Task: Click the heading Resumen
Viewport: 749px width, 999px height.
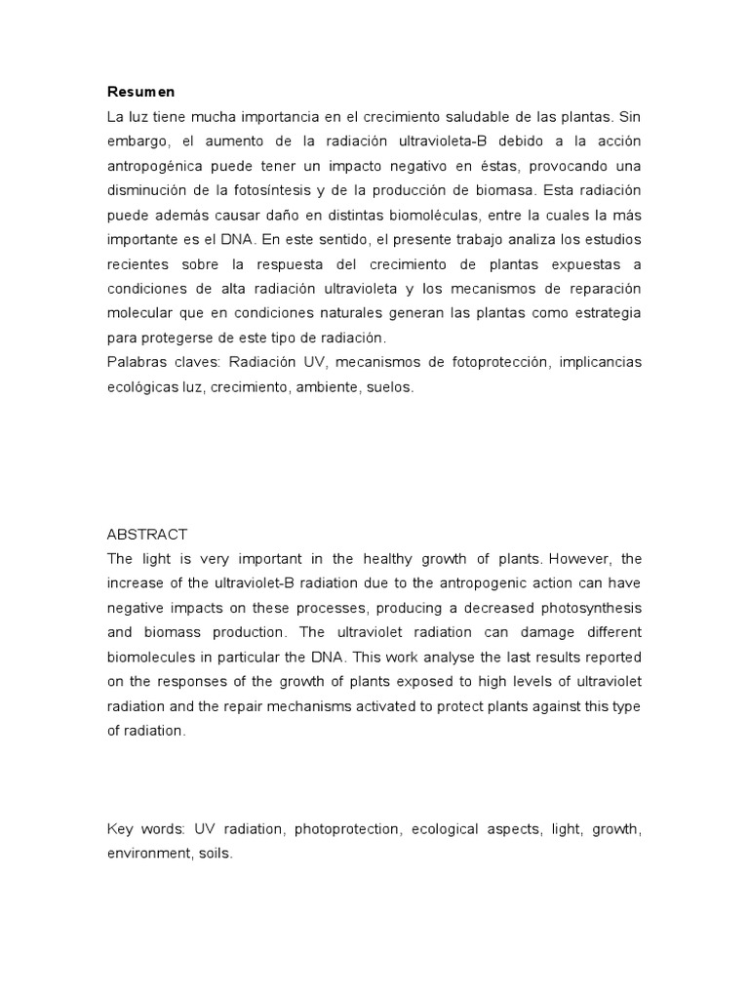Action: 141,92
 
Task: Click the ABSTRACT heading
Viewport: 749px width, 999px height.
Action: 146,535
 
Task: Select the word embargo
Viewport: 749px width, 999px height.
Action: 137,140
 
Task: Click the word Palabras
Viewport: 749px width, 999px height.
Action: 138,362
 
